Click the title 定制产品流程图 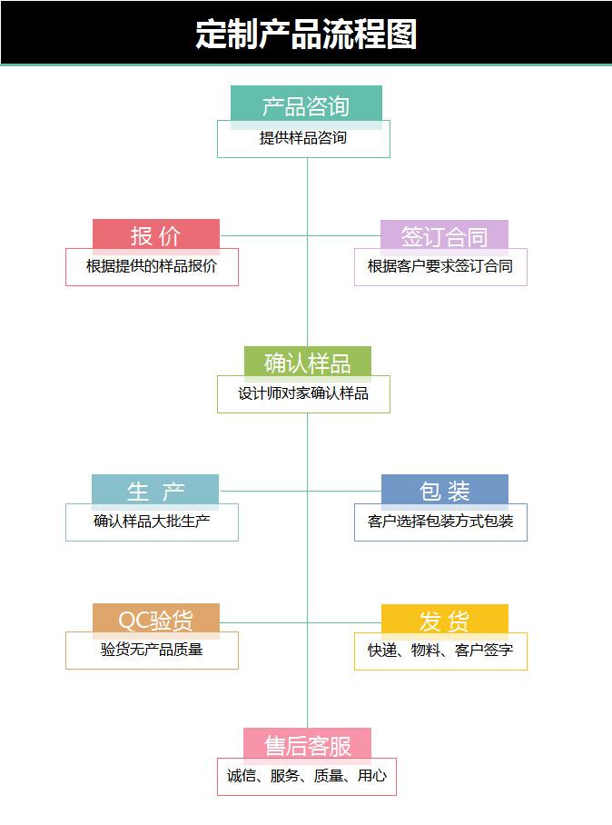point(306,35)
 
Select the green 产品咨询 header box point(306,105)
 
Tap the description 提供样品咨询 point(303,139)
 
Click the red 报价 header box point(156,236)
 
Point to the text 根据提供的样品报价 point(152,267)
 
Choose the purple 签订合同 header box point(444,236)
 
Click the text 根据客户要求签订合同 point(440,267)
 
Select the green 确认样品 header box point(307,363)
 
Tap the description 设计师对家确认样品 point(303,394)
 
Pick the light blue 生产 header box point(155,492)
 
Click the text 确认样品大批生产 point(152,522)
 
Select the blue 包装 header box point(444,492)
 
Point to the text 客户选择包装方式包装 point(440,522)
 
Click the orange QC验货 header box point(156,621)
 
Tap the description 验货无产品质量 point(152,651)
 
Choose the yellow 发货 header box point(444,621)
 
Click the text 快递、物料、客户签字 point(440,651)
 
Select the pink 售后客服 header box point(307,746)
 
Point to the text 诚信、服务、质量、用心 point(307,777)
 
